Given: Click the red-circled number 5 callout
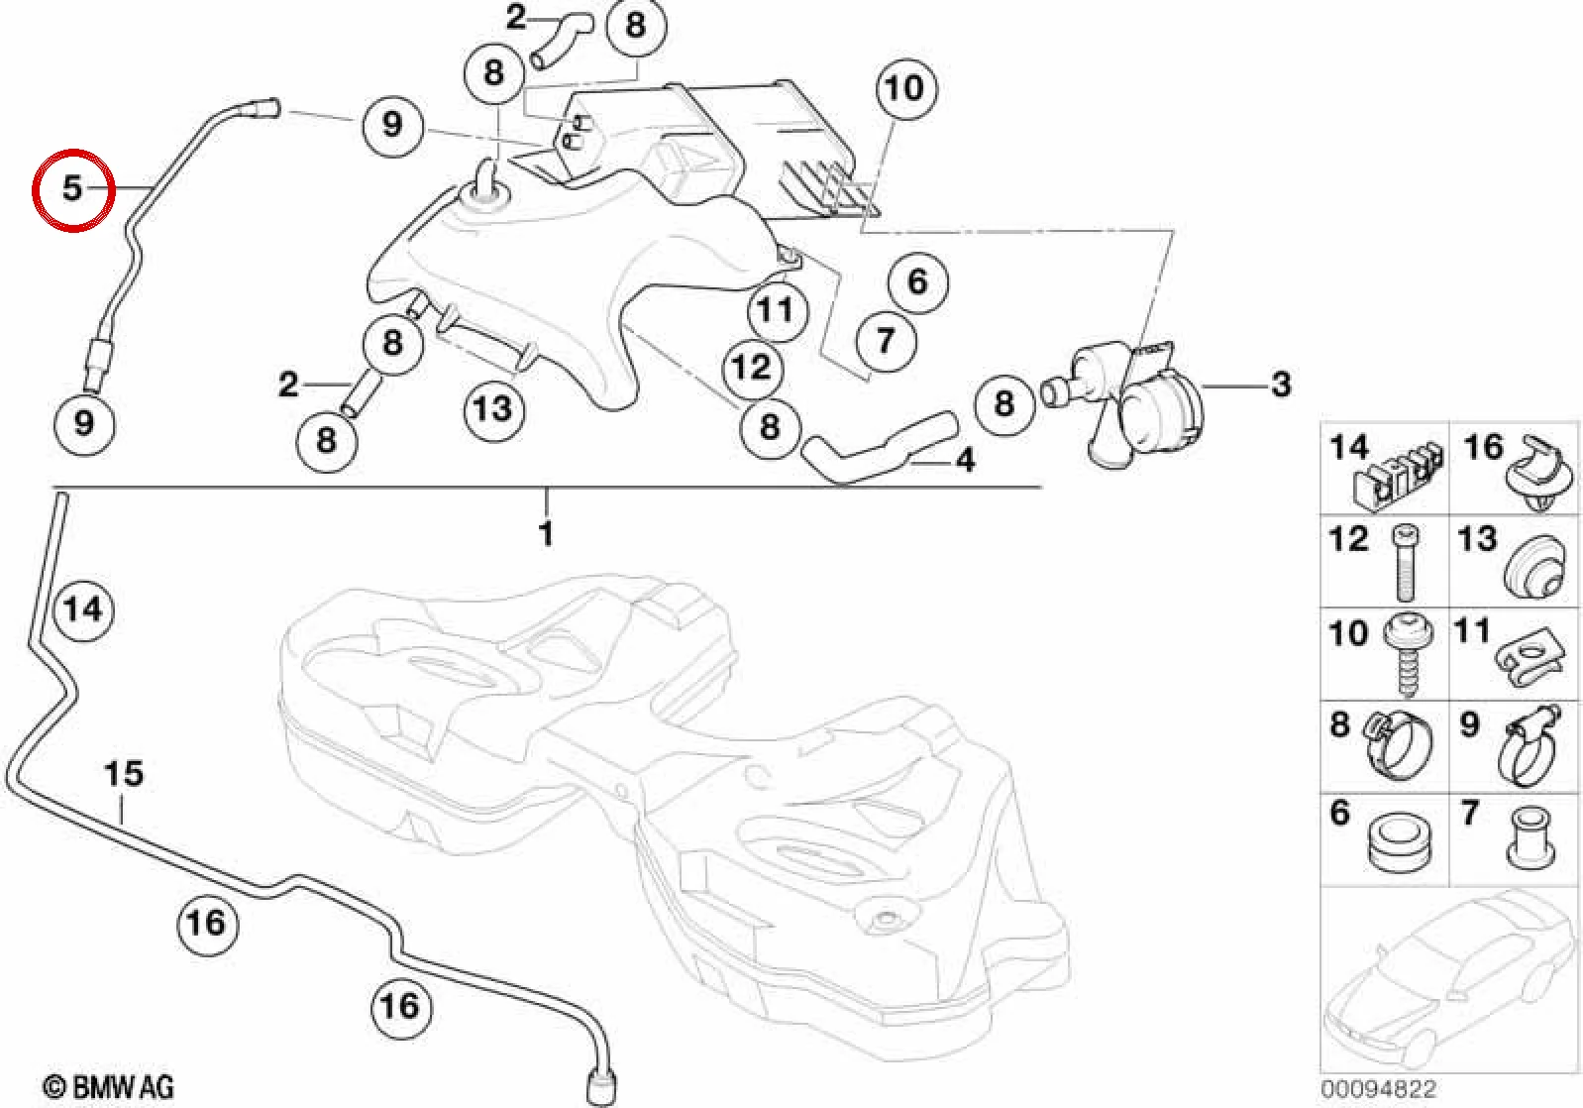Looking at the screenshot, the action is pos(73,189).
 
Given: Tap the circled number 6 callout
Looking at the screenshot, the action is pos(918,282).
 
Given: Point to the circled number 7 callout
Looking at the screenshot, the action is pos(887,341).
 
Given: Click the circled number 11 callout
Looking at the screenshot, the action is pos(776,310).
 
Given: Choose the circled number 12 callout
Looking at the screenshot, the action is pos(753,368).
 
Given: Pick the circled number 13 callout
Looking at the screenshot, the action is pos(493,409).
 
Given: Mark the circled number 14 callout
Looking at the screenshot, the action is pos(84,609).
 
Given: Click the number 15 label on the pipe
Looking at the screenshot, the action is pos(124,774).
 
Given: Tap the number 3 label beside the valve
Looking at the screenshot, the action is pos(1281,385).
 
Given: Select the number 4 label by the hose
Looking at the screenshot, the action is pos(965,460).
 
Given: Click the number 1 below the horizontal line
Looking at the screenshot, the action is pos(546,534).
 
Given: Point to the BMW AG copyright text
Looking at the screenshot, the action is pos(108,1087).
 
